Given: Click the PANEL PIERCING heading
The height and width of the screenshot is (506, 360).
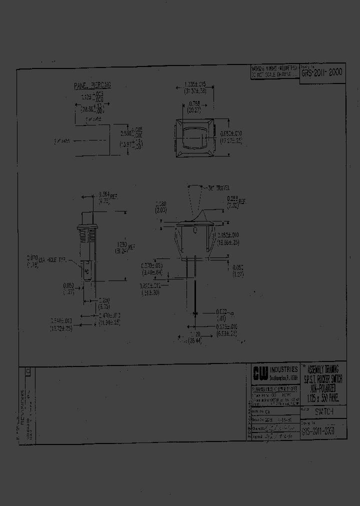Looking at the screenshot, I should [x=92, y=85].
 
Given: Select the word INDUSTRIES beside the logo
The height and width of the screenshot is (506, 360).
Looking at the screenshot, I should [x=283, y=369].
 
